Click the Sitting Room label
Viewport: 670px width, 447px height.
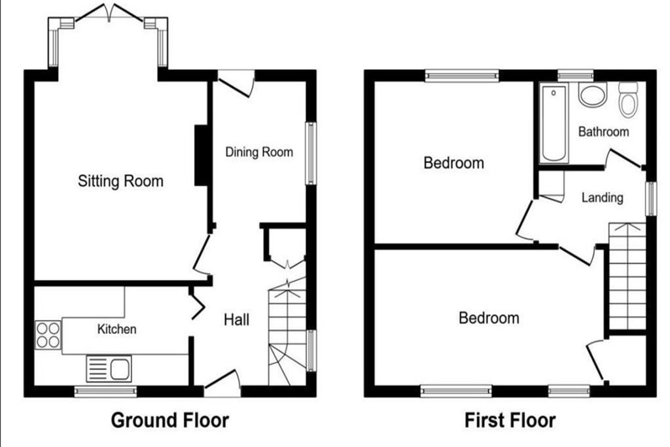click(120, 181)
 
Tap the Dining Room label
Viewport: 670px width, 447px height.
click(259, 152)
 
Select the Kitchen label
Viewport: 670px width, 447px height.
click(116, 329)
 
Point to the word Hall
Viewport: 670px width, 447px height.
click(236, 319)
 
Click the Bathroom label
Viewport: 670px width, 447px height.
click(603, 132)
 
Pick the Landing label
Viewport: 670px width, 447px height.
click(603, 198)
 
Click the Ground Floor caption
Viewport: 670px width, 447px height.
click(170, 420)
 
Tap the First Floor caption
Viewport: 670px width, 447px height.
click(510, 420)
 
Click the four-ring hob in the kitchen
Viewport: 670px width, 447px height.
click(48, 334)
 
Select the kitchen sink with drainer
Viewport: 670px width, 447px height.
click(109, 368)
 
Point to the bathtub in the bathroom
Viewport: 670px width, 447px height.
click(554, 123)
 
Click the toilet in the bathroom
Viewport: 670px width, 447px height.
click(628, 99)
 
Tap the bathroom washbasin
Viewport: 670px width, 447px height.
click(593, 94)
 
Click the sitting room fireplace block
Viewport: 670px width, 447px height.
click(201, 155)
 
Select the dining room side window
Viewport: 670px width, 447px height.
click(311, 153)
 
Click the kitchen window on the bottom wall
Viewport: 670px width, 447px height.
click(105, 391)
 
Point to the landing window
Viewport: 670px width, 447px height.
click(651, 199)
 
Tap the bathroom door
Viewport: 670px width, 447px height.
click(624, 158)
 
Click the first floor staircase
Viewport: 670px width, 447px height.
click(627, 276)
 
